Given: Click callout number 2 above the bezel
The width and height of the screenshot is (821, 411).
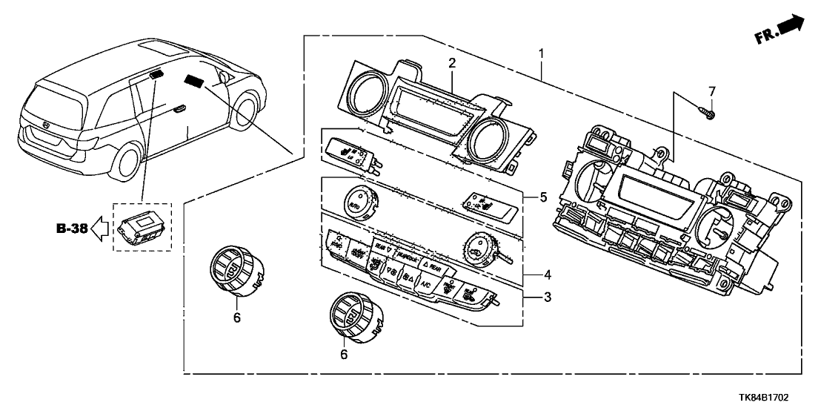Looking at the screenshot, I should tap(451, 65).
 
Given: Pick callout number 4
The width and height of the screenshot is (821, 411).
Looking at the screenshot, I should tap(546, 274).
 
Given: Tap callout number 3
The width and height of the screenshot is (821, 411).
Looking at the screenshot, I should tap(546, 298).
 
